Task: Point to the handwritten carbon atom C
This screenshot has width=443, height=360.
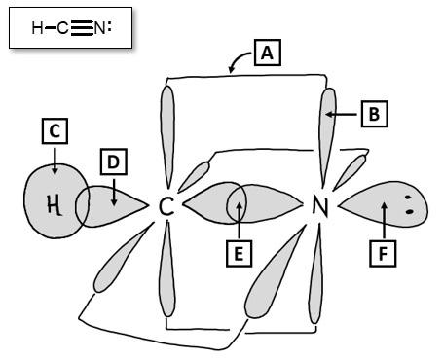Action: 166,206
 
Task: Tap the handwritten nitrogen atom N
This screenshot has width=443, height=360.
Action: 318,206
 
